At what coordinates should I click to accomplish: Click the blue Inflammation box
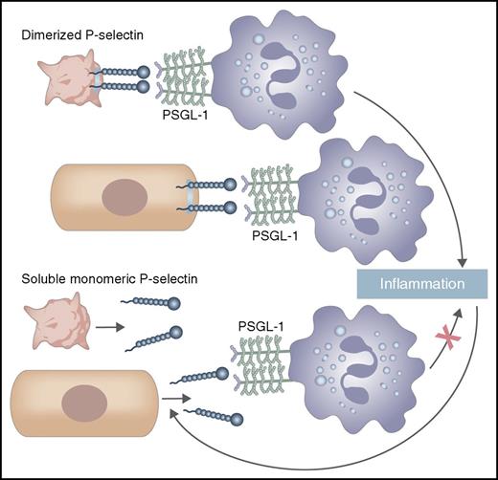425,286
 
